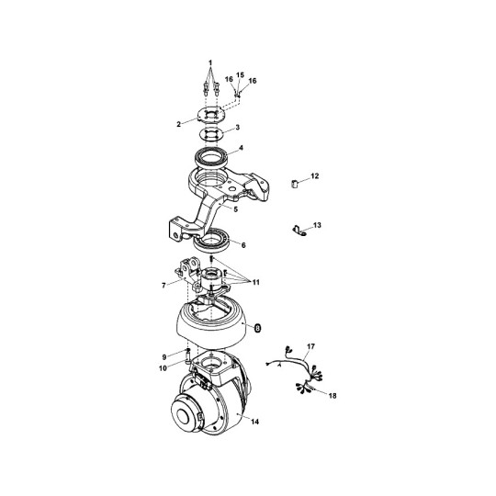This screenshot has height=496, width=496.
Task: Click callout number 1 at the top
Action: [x=210, y=62]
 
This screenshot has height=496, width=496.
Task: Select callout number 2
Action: [x=179, y=124]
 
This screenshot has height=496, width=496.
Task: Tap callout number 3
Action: [x=238, y=127]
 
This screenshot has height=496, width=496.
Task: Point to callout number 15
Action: [x=240, y=75]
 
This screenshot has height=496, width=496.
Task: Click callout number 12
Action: [x=315, y=175]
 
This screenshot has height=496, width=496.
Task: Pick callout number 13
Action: [x=317, y=225]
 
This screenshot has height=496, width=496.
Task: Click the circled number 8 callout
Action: [x=258, y=328]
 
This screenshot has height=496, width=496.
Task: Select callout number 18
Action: [x=333, y=395]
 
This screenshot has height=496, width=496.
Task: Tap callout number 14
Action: [x=255, y=422]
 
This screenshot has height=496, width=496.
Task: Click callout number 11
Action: [x=256, y=282]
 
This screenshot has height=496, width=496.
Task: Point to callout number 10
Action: [x=163, y=368]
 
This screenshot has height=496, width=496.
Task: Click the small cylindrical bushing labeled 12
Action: [x=294, y=184]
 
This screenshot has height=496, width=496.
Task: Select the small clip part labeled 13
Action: [x=299, y=230]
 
